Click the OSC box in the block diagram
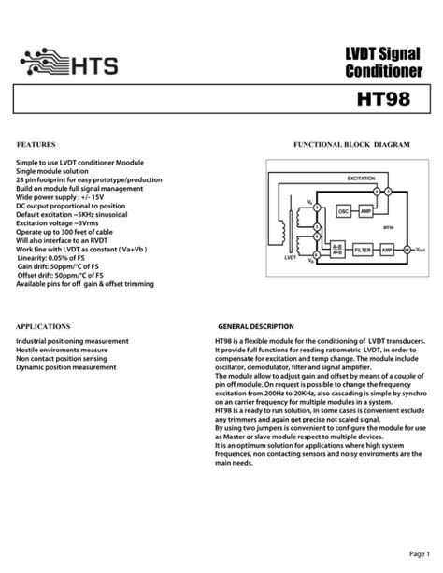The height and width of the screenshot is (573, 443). pos(343,212)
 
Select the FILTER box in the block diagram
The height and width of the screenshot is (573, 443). pos(363,251)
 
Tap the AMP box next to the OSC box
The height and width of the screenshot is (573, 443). pos(365,212)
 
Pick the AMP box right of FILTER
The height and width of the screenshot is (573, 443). pos(386,251)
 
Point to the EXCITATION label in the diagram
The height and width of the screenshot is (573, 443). pos(361,177)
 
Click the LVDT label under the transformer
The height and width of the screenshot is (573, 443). pos(291,255)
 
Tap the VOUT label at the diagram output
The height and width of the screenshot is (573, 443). pos(420,251)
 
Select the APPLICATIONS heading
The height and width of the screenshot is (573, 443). pos(44,327)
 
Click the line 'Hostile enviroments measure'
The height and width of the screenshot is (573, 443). pos(61,351)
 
